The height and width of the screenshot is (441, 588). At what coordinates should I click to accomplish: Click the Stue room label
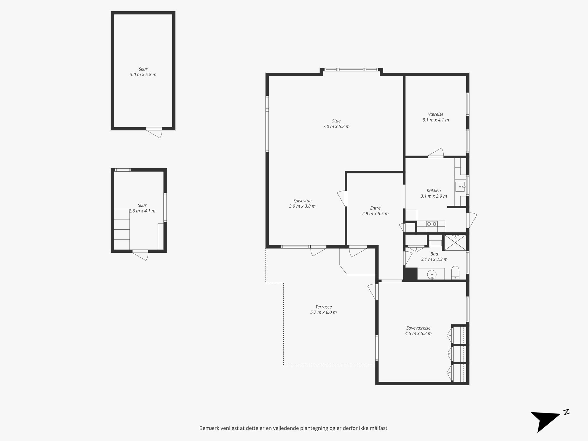click(336, 121)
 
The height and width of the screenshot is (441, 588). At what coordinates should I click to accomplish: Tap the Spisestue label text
click(302, 201)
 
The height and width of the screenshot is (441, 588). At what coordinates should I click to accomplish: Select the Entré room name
click(375, 208)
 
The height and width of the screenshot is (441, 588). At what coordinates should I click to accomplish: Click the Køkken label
click(434, 191)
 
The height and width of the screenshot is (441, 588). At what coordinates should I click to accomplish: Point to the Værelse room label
click(436, 114)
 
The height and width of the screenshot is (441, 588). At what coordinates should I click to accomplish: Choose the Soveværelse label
click(418, 328)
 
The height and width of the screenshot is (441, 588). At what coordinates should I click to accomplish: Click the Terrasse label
click(323, 307)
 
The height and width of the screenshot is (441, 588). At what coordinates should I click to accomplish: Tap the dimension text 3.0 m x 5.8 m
click(143, 75)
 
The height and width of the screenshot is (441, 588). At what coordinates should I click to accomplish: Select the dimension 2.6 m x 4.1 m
click(142, 211)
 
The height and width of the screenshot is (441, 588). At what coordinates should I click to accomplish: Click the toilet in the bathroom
click(455, 273)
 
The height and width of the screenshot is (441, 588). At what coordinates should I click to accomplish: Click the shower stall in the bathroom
click(455, 241)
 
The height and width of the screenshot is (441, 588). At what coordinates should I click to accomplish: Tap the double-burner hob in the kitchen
click(431, 224)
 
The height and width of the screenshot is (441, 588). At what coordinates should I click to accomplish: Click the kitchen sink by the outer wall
click(460, 187)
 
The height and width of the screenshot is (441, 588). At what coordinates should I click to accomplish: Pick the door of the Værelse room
click(436, 152)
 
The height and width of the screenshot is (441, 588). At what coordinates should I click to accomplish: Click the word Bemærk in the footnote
click(209, 428)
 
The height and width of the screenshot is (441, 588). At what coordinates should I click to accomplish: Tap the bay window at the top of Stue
click(351, 70)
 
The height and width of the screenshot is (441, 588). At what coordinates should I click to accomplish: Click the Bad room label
click(434, 254)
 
